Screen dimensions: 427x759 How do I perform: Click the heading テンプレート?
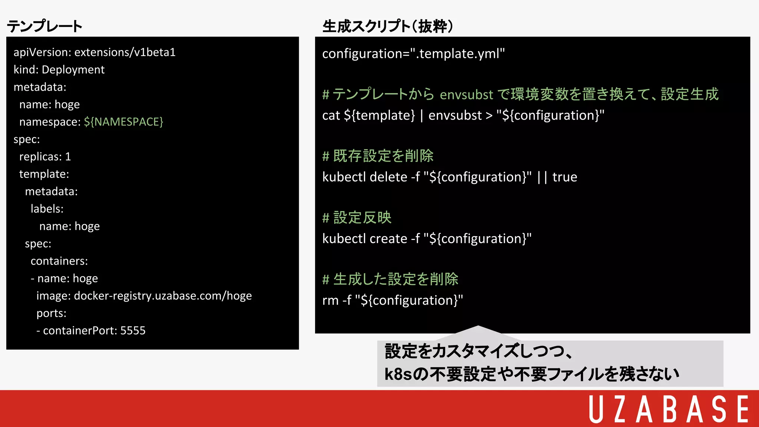point(44,26)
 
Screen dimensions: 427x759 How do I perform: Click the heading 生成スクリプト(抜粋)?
point(388,26)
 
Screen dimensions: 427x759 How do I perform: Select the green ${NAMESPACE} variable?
point(123,122)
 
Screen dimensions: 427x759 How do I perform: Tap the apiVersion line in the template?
point(95,52)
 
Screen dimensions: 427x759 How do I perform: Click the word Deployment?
point(73,70)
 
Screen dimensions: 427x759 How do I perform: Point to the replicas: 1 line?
point(45,157)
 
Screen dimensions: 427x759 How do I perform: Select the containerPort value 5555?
point(133,331)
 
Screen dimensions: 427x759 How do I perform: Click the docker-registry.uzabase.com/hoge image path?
point(163,296)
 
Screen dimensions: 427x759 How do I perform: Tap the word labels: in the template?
point(47,209)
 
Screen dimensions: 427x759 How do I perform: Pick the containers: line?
point(59,261)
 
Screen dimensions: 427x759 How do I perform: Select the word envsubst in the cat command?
point(455,115)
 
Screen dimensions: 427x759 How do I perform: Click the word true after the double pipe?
point(564,177)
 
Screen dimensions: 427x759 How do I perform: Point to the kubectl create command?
point(427,239)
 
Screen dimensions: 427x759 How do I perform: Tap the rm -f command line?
point(392,300)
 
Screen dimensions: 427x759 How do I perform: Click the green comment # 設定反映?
point(357,218)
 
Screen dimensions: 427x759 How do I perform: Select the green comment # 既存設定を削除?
point(378,156)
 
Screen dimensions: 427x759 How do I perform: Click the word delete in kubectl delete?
point(388,177)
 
